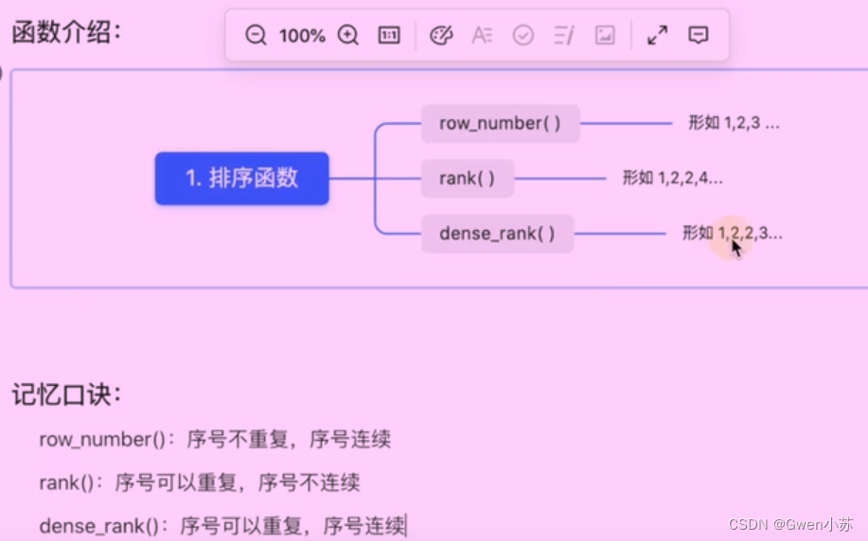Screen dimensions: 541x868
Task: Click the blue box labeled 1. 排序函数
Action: pos(241,178)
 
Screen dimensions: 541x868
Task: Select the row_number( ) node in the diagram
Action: pos(500,124)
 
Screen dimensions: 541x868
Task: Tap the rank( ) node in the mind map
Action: pos(468,178)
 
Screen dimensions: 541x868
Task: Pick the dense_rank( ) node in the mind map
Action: pos(497,233)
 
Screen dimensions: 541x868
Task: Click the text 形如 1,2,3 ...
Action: pos(734,123)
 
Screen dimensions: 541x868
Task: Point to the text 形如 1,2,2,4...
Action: pos(673,177)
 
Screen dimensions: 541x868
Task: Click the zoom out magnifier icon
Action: pos(256,36)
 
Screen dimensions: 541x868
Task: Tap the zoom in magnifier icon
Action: pos(348,36)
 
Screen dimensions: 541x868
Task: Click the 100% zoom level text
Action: pos(302,36)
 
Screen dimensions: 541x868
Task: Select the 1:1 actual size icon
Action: pos(388,36)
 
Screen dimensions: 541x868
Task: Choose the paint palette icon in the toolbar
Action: pos(441,36)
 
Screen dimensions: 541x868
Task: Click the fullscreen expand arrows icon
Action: pos(657,36)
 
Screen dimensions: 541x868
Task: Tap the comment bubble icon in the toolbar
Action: pos(699,36)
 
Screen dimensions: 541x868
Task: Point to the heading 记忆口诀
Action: pos(66,394)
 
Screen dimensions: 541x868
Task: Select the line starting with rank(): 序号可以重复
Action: pos(200,482)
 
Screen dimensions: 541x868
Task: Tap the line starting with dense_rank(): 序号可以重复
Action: pos(221,525)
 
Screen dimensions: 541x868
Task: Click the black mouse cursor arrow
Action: pos(736,248)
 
